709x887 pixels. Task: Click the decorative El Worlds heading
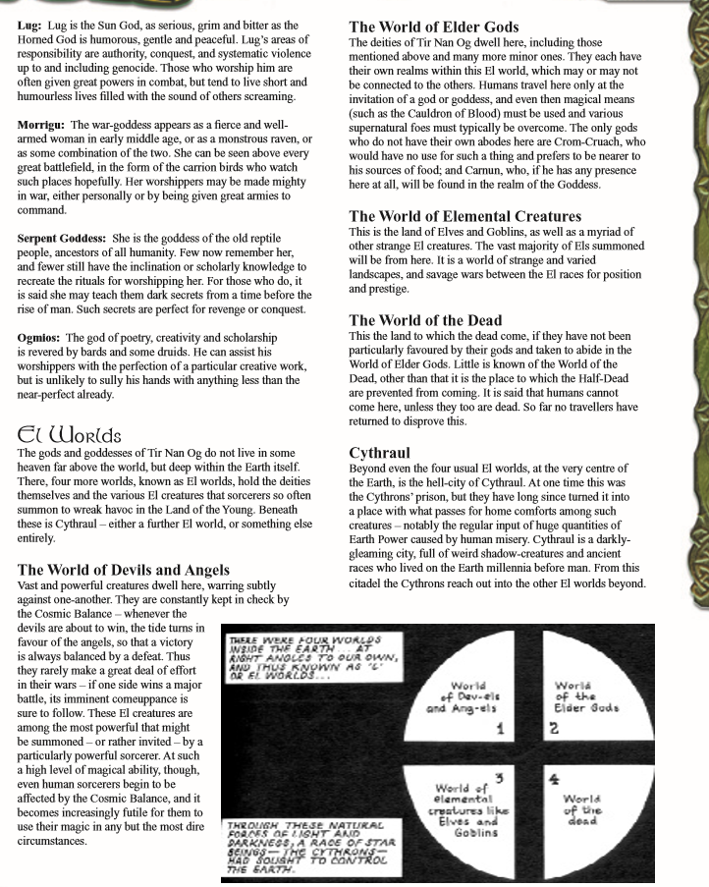[x=70, y=433]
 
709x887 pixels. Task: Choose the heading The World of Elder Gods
[x=434, y=27]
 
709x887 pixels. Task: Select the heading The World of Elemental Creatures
[x=465, y=215]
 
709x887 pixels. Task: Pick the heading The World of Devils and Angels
[x=124, y=569]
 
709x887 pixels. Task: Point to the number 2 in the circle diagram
[x=554, y=729]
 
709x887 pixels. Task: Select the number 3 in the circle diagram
[x=500, y=779]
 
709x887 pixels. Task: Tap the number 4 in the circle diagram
[x=554, y=779]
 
